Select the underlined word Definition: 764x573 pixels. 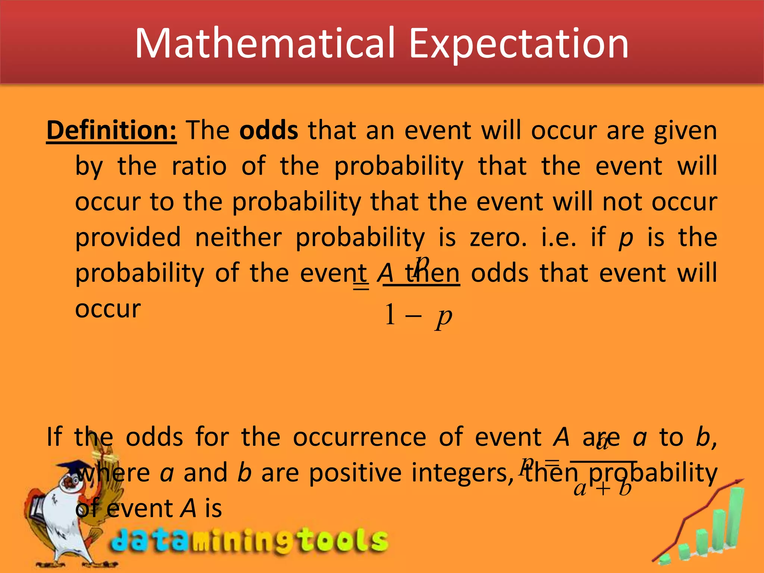point(112,131)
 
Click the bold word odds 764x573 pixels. point(269,131)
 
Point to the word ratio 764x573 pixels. point(199,166)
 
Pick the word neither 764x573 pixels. point(238,237)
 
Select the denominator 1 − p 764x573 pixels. point(418,316)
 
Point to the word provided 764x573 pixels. point(128,237)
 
